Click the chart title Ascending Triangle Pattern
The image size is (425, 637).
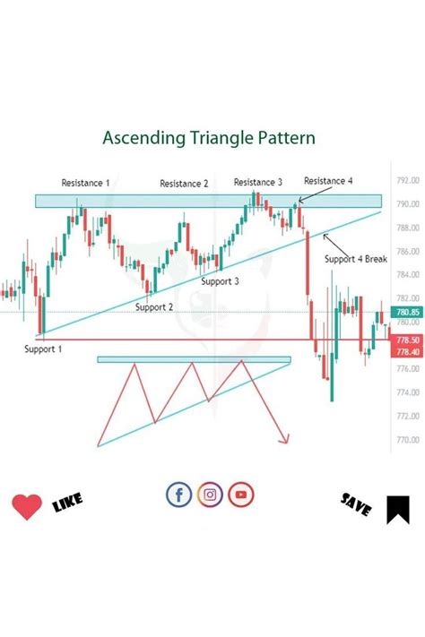[208, 139]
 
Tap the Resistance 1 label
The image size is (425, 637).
[85, 183]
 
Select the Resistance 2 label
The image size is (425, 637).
[184, 184]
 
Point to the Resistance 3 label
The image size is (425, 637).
[258, 183]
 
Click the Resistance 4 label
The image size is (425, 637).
[328, 181]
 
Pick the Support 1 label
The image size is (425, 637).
[43, 349]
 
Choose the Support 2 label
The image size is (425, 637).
[154, 306]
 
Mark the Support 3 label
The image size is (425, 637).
[220, 281]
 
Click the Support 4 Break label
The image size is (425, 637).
[356, 259]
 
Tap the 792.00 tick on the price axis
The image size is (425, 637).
[408, 180]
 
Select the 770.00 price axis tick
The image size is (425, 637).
[408, 440]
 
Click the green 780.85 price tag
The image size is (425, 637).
[408, 311]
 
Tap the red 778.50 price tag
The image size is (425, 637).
[408, 340]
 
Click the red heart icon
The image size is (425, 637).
[27, 507]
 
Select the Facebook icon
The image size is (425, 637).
[179, 494]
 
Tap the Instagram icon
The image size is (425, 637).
[210, 494]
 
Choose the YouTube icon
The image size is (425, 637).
[240, 494]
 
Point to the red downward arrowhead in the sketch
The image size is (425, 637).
[286, 438]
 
